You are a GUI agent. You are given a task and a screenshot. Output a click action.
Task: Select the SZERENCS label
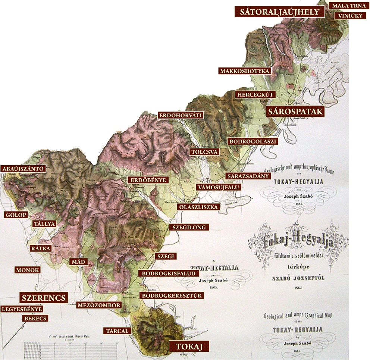click(x=44, y=298)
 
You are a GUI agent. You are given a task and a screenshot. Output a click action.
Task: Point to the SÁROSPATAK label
click(x=295, y=112)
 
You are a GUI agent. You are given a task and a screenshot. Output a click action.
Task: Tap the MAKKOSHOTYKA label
click(x=245, y=71)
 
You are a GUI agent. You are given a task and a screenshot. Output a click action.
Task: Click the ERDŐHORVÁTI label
click(x=181, y=115)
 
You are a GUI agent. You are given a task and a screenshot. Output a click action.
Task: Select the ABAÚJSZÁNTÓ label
click(x=23, y=169)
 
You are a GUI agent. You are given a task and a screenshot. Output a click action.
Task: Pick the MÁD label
click(x=78, y=262)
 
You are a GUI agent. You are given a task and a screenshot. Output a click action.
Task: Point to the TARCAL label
click(x=117, y=331)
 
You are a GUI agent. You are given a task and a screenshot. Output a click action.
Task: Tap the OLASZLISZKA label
click(x=198, y=207)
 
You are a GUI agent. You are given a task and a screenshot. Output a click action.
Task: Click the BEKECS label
click(x=35, y=319)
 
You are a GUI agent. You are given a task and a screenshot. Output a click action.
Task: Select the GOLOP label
click(x=16, y=215)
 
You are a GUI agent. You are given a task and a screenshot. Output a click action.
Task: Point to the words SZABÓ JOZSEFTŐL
click(x=298, y=278)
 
